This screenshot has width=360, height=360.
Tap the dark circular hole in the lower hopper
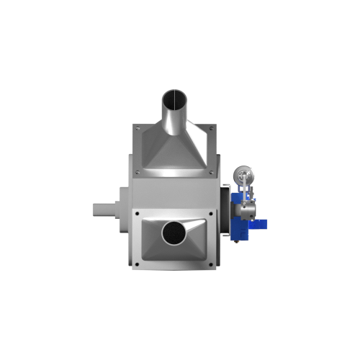tap(174, 233)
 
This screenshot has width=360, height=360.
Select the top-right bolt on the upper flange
tap(211, 129)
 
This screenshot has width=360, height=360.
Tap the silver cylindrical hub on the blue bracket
tap(248, 208)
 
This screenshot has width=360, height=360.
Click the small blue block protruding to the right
tap(263, 225)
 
